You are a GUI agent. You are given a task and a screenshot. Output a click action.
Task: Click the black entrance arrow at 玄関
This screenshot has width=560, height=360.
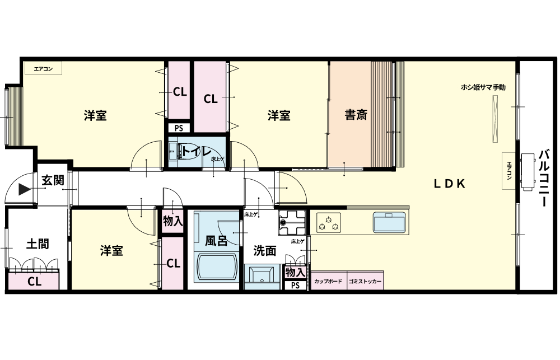point(24,189)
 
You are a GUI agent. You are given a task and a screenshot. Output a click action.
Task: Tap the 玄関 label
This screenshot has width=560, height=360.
point(53,180)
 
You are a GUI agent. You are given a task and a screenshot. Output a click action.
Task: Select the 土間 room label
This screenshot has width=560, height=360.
point(38,244)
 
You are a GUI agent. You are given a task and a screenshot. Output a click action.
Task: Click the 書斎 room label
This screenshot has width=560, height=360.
point(356,115)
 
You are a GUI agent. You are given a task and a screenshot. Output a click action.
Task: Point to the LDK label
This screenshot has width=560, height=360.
point(450,184)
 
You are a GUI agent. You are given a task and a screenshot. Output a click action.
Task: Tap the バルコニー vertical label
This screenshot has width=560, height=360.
point(543,178)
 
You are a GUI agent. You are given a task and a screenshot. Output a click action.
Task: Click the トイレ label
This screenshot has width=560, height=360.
point(197,152)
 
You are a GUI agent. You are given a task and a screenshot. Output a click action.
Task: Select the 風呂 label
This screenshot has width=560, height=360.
point(216,241)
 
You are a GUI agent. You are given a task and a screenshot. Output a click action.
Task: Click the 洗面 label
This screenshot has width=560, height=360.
point(265,251)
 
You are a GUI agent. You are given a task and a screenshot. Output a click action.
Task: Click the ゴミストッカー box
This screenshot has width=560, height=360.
point(365,280)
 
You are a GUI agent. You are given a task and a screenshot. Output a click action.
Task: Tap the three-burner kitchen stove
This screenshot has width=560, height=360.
point(328,223)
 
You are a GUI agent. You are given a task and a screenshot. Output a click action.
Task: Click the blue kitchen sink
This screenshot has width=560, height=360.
point(389,222)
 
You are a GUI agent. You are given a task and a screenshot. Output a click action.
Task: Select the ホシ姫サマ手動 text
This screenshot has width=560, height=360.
point(483,87)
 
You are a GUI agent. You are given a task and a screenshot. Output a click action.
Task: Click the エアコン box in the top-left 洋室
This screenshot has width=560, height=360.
point(43,68)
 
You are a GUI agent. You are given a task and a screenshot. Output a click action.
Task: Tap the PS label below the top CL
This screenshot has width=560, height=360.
point(179,128)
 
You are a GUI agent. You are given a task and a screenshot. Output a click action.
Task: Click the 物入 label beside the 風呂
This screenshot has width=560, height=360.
point(173,221)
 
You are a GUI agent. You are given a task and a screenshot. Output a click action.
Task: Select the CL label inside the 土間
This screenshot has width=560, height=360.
point(34,282)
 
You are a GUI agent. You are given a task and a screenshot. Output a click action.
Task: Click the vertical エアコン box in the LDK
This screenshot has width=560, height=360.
point(509,171)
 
